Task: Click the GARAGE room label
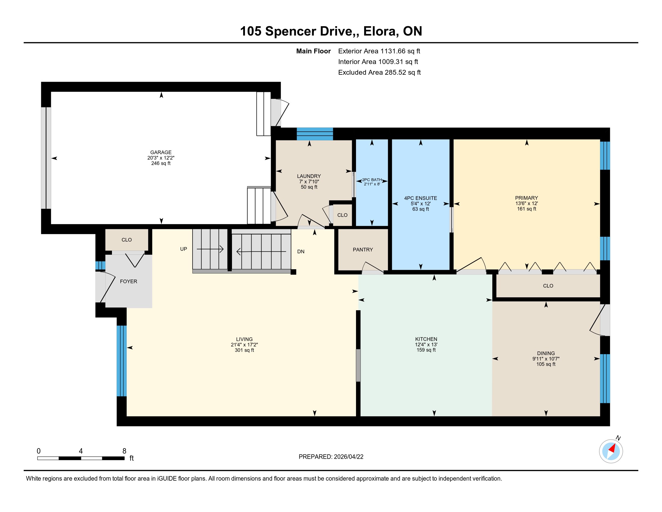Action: (161, 152)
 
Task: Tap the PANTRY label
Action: (363, 250)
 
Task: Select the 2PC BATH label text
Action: (372, 180)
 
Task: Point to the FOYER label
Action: (128, 282)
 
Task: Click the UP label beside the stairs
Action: (183, 249)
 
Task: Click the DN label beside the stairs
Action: (301, 251)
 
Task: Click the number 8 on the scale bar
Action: (124, 451)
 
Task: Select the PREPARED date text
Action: (331, 457)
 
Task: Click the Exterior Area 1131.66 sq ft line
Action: (379, 51)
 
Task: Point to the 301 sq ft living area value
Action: (244, 350)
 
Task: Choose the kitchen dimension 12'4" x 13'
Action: (426, 345)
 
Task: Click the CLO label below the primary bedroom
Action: (548, 286)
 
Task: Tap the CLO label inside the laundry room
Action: (342, 215)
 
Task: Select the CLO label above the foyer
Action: (126, 240)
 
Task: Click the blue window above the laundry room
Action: (315, 134)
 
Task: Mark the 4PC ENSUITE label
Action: (420, 198)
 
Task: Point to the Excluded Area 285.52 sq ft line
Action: (379, 72)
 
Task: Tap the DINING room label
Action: (546, 353)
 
